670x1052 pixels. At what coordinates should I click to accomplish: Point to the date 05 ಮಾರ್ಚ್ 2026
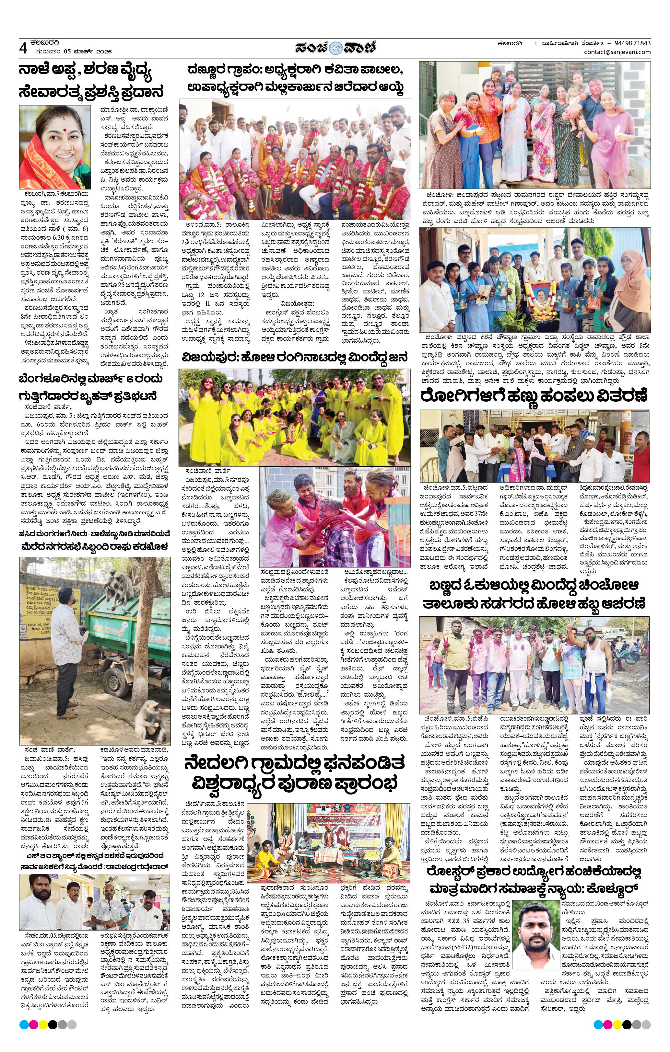[x=88, y=51]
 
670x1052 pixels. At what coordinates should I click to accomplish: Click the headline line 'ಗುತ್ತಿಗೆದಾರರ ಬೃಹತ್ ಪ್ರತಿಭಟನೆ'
[x=88, y=396]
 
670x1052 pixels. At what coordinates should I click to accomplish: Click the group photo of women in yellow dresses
[x=294, y=417]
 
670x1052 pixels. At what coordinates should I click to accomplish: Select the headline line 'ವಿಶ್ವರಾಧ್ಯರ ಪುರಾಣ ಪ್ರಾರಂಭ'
[x=294, y=784]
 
